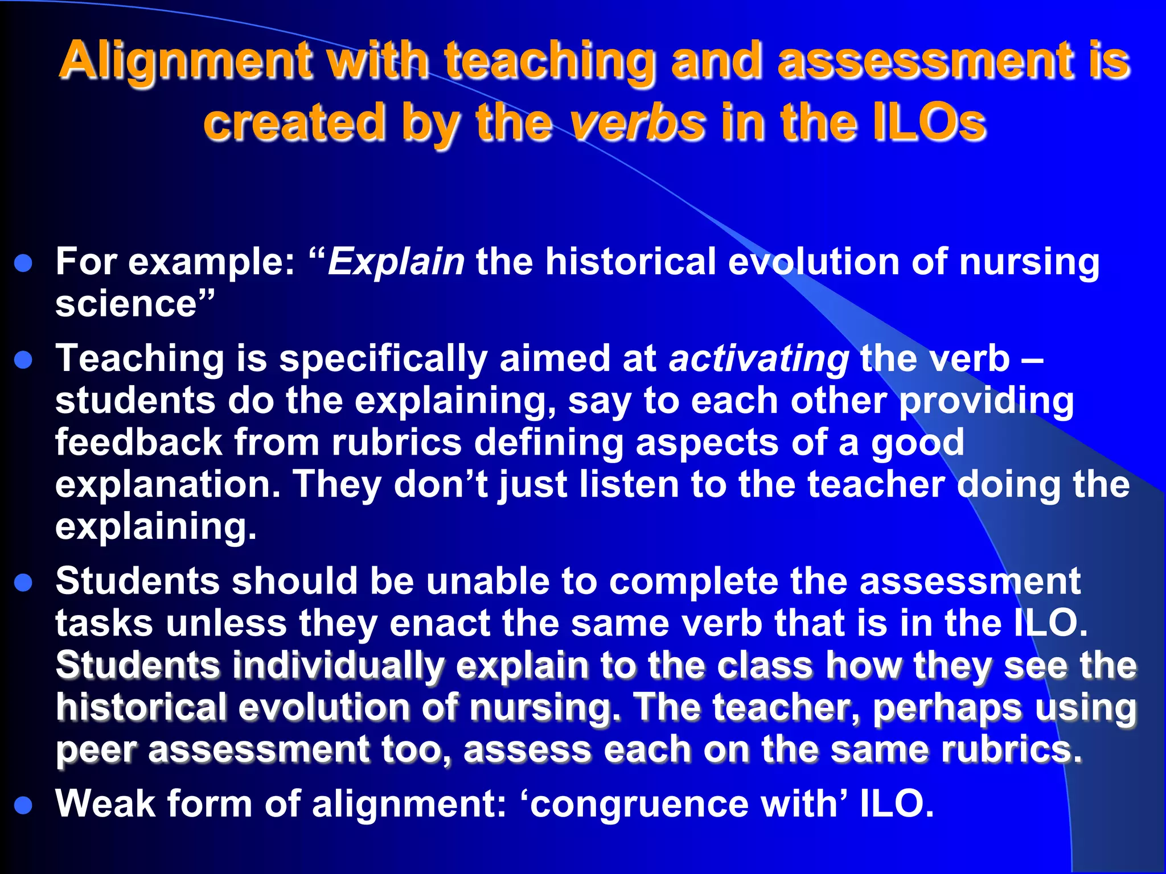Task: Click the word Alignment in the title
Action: tap(186, 61)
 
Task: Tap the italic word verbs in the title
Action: tap(638, 123)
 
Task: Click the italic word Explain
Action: tap(396, 262)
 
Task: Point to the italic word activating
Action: tap(759, 359)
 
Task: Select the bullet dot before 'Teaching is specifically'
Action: tap(23, 360)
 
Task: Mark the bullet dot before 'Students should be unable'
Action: tap(23, 583)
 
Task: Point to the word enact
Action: tap(440, 624)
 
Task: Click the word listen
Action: tap(629, 485)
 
